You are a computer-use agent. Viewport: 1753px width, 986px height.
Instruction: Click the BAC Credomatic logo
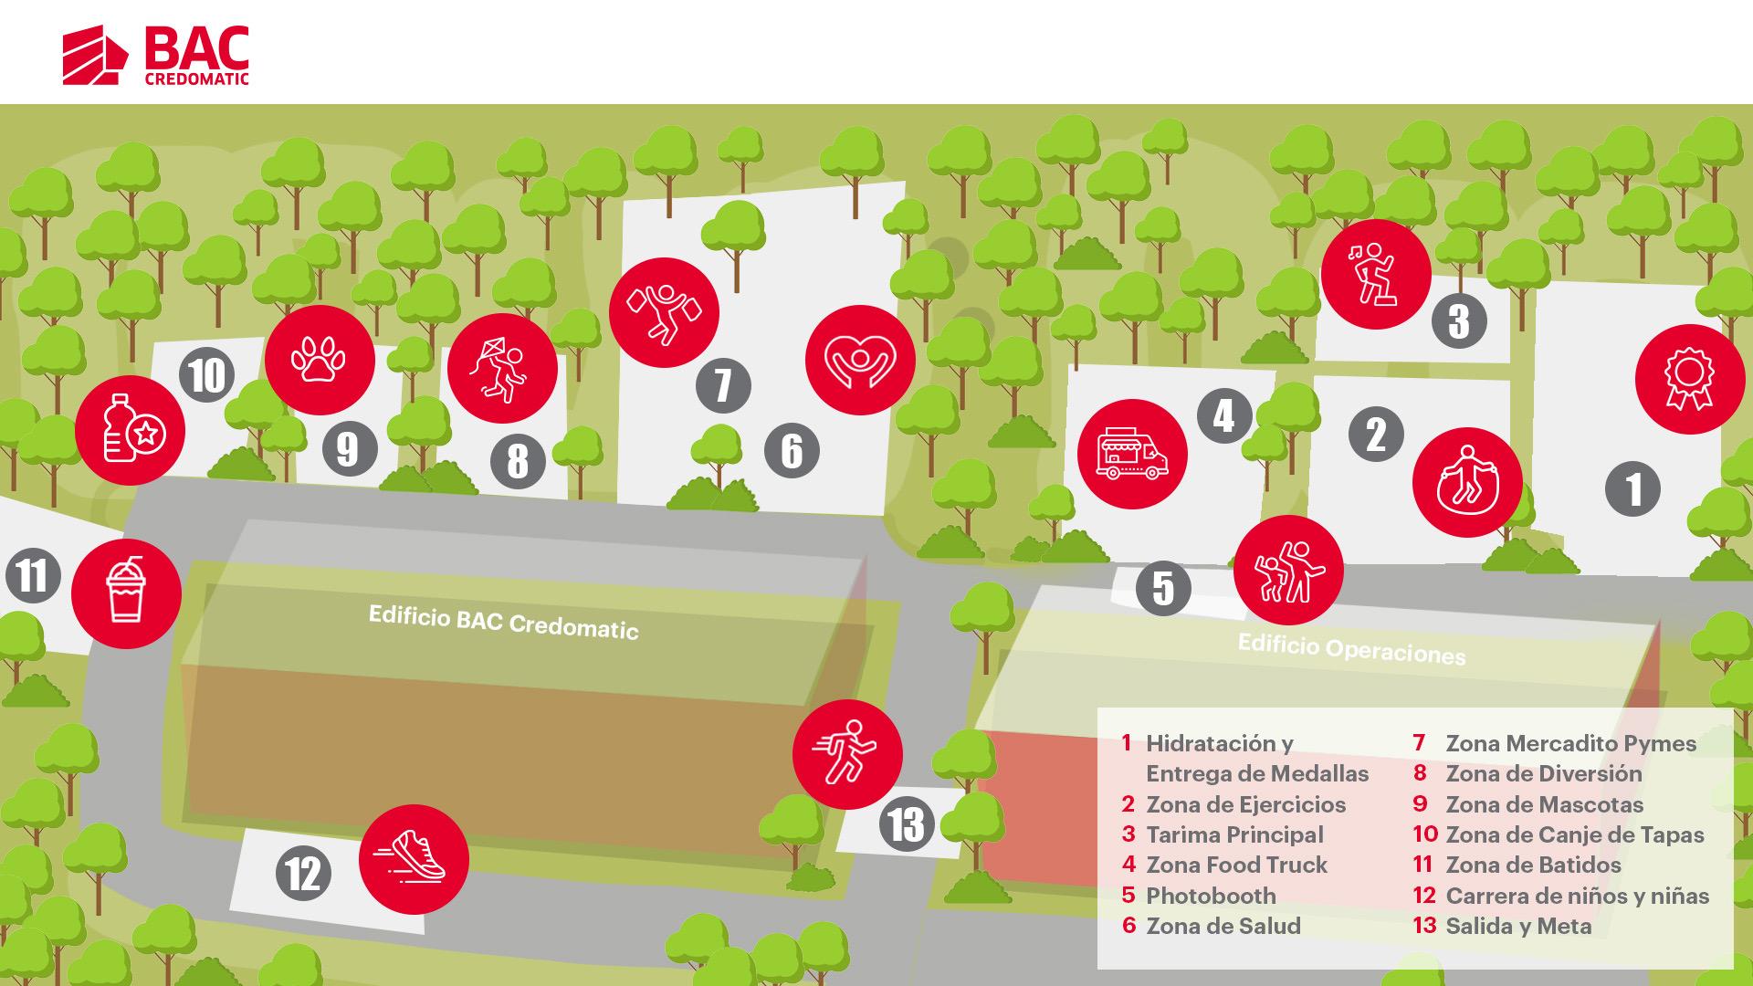tap(156, 57)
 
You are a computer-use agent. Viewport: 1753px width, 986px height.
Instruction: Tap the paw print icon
tap(320, 360)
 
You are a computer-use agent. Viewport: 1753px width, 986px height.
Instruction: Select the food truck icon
tap(1132, 455)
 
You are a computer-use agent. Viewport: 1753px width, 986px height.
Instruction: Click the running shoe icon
tap(414, 859)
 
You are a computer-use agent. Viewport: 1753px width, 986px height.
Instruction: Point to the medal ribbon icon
tap(1689, 379)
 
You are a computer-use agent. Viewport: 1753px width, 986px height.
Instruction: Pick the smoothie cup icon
tap(126, 593)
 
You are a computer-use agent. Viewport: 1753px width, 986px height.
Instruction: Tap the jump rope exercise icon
tap(1466, 482)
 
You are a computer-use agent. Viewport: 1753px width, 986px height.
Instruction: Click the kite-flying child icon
tap(502, 370)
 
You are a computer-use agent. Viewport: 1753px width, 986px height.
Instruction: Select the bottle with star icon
tap(130, 430)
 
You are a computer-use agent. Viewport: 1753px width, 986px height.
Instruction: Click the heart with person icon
tap(860, 360)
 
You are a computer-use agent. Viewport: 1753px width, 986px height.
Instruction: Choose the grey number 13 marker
tap(907, 825)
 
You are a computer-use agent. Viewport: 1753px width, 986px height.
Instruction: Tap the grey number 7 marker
tap(723, 385)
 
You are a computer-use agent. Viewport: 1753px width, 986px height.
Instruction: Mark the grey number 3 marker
tap(1459, 321)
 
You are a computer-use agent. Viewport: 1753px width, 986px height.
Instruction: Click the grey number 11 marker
tap(33, 577)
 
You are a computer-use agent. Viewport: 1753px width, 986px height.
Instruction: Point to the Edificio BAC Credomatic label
tap(503, 622)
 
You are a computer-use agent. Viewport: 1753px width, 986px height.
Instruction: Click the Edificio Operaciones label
tap(1351, 649)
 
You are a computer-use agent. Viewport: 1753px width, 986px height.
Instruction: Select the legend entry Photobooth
tap(1211, 896)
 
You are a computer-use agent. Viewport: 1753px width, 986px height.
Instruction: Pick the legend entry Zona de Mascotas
tap(1544, 804)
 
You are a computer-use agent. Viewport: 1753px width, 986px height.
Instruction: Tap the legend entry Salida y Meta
tap(1518, 926)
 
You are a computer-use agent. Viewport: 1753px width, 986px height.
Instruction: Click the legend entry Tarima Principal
tap(1234, 834)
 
